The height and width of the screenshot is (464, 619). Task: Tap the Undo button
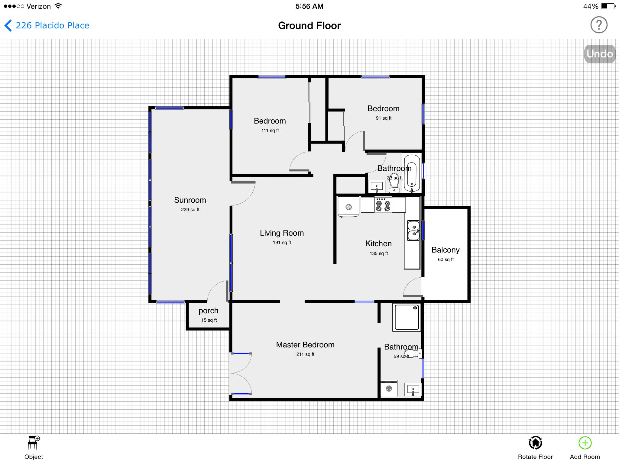[599, 54]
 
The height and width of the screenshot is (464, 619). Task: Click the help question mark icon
[599, 25]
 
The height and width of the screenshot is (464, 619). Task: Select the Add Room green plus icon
[585, 443]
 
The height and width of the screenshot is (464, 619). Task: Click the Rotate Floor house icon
[535, 443]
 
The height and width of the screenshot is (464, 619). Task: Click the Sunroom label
[190, 200]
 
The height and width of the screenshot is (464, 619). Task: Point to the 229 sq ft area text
[190, 210]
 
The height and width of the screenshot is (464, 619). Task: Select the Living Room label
[282, 233]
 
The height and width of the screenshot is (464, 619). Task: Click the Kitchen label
[378, 243]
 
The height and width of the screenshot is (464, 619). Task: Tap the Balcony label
[446, 250]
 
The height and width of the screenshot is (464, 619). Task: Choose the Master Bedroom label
[305, 345]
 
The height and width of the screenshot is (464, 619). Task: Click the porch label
[208, 311]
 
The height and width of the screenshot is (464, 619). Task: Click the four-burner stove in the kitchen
[383, 205]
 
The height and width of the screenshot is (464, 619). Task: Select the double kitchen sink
[413, 230]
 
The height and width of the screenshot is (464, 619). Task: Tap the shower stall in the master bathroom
[407, 317]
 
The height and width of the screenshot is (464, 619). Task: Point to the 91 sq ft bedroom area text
[384, 118]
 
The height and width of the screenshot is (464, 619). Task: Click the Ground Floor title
[309, 26]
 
